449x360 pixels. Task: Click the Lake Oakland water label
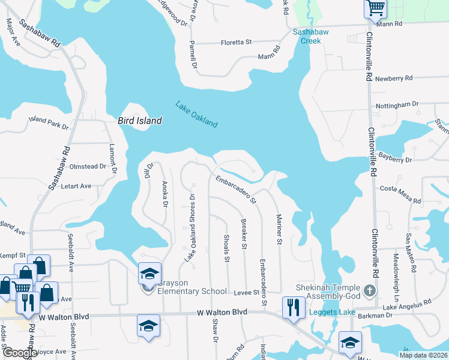point(196,114)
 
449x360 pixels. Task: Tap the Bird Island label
point(139,121)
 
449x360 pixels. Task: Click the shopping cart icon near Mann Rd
point(375,8)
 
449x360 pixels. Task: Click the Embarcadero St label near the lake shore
point(237,188)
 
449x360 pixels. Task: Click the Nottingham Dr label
point(397,105)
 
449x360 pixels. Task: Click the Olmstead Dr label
point(88,166)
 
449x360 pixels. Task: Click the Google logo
point(19,353)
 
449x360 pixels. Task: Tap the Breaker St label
point(244,233)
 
